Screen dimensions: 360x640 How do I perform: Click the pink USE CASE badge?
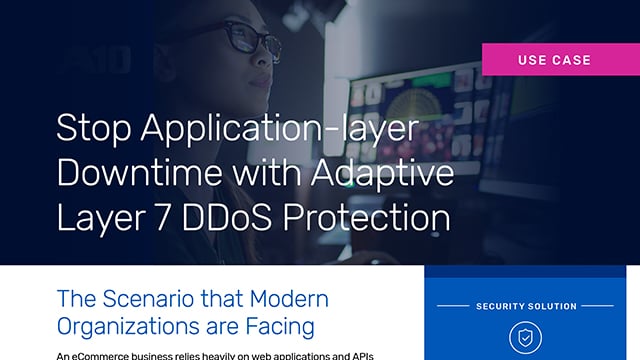coord(554,60)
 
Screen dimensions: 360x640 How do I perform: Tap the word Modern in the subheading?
coord(284,299)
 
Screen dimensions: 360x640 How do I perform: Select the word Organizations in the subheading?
coord(129,326)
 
